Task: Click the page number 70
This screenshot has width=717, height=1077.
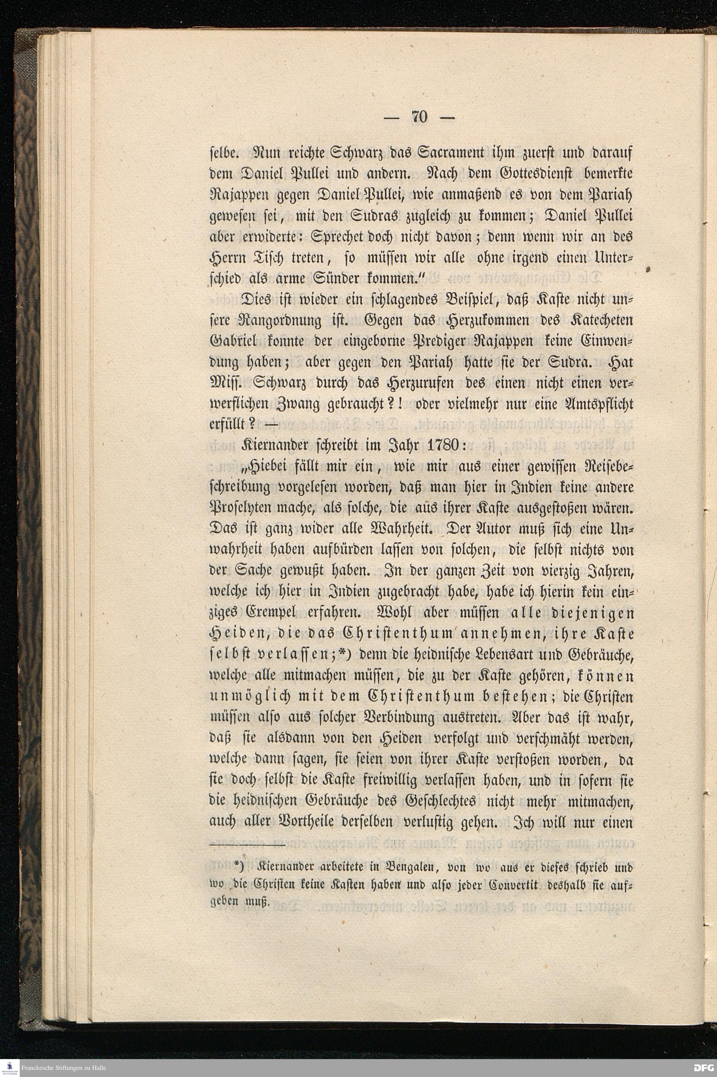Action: [419, 118]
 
